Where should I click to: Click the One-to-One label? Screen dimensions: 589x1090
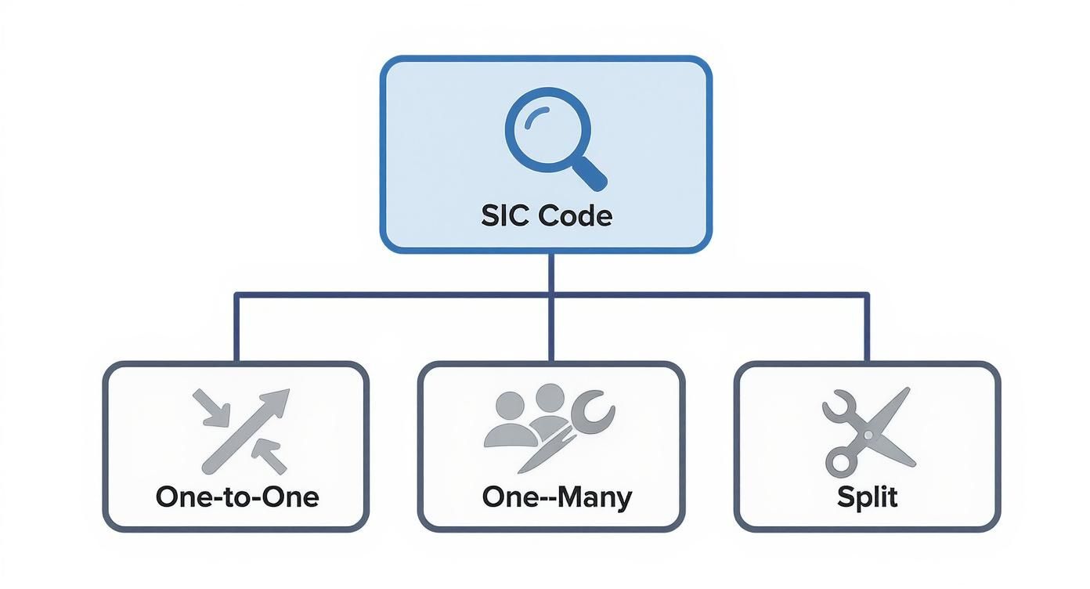click(236, 497)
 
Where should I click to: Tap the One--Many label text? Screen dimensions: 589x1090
click(557, 497)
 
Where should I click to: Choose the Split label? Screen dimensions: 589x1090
click(867, 497)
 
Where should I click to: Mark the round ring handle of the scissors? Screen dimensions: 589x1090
click(839, 461)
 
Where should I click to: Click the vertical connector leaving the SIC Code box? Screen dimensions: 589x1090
click(551, 274)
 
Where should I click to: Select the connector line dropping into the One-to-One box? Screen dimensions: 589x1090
click(236, 329)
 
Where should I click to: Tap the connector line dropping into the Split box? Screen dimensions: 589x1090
click(867, 329)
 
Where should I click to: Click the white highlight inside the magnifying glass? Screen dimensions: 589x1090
click(532, 115)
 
